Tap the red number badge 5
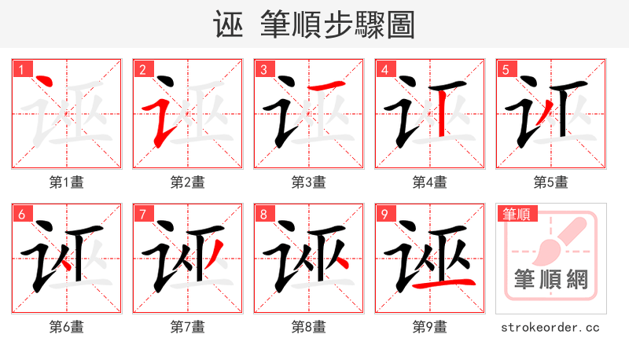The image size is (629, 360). pos(506,69)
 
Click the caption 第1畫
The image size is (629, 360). pos(67,182)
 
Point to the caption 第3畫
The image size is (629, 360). pos(309,182)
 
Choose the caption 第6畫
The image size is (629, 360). pos(67,327)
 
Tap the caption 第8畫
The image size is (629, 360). pos(309,327)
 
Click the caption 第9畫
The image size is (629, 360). pos(430,327)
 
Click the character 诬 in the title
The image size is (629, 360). pos(227,24)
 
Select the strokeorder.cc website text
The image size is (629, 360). pos(550,327)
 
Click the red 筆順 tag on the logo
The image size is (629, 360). pos(516,214)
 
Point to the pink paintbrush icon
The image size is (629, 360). pos(560,240)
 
